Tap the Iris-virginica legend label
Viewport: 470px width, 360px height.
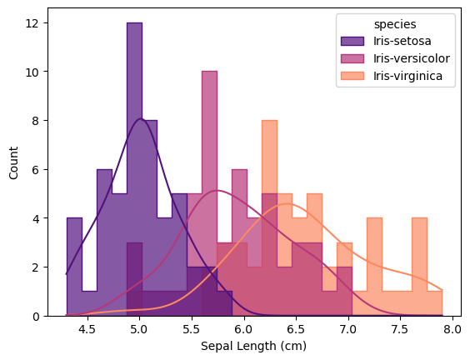click(408, 77)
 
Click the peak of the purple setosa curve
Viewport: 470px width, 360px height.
click(141, 119)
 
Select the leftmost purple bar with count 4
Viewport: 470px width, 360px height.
click(74, 267)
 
